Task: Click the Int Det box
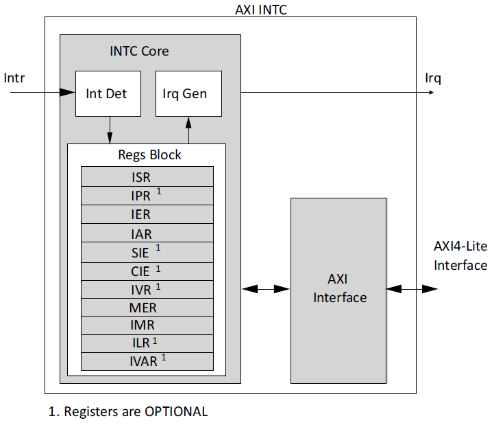[108, 93]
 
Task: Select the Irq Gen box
[188, 93]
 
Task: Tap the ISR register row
[147, 177]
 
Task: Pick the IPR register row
[147, 196]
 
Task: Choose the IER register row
[147, 214]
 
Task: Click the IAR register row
[147, 233]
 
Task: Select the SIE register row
[147, 252]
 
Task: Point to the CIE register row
[147, 271]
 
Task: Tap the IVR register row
[147, 289]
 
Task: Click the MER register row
[147, 308]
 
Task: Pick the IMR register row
[147, 325]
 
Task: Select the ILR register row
[147, 343]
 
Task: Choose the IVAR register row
[147, 360]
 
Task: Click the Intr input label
[14, 77]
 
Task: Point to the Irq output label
[433, 78]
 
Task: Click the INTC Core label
[139, 51]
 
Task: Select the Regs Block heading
[149, 154]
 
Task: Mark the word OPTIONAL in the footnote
[175, 412]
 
